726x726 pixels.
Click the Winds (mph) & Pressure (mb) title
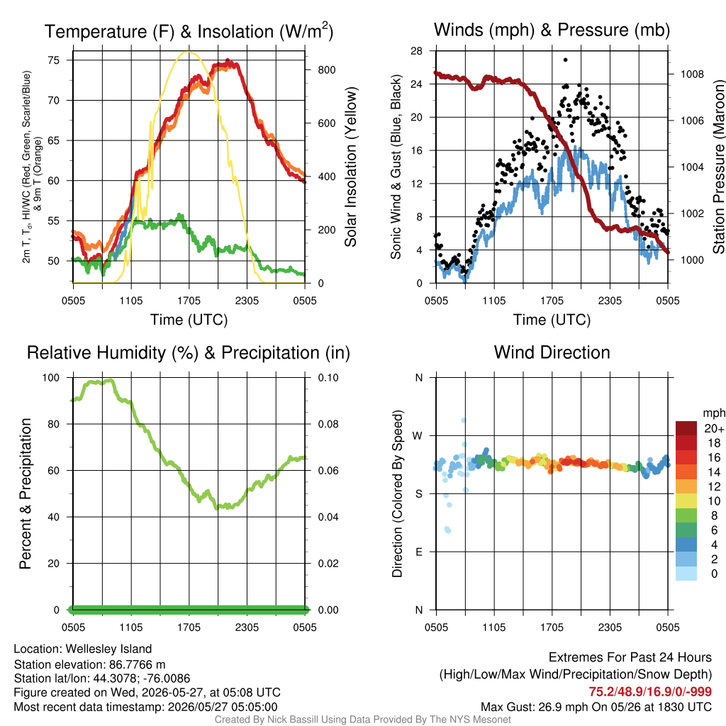552,30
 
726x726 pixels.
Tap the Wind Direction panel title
552,352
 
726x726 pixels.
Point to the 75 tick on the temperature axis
54,60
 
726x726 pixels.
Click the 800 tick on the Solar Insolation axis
326,70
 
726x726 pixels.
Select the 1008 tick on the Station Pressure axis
692,74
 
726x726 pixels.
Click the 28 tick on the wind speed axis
416,51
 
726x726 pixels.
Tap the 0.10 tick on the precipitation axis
328,378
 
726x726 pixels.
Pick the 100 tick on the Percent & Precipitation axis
51,378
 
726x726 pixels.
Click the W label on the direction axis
418,436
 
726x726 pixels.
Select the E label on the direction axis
418,552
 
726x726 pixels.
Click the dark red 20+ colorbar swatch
686,428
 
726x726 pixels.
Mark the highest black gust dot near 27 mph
565,60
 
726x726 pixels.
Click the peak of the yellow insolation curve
188,51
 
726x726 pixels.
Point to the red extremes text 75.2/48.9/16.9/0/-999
650,692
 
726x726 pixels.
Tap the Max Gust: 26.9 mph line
596,707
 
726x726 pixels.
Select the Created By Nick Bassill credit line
362,720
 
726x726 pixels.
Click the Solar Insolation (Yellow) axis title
350,167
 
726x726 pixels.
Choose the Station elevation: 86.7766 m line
89,665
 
